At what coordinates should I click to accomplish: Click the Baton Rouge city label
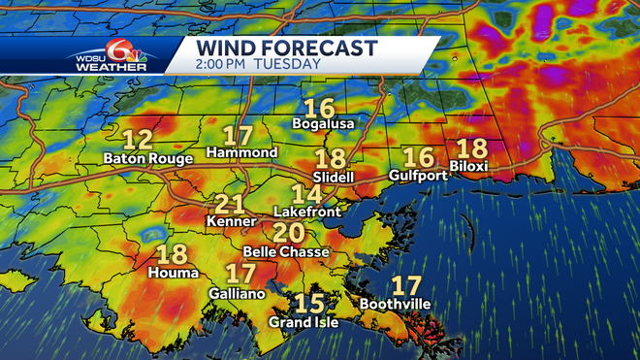click(142, 156)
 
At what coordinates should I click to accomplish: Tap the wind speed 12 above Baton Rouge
click(138, 139)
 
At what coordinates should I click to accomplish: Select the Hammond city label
click(241, 153)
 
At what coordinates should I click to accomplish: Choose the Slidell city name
click(334, 178)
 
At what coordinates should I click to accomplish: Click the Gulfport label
click(418, 175)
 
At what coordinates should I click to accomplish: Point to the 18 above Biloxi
click(471, 148)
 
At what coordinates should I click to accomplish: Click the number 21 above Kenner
click(229, 205)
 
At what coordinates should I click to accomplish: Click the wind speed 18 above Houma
click(172, 255)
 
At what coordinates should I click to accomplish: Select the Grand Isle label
click(304, 321)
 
